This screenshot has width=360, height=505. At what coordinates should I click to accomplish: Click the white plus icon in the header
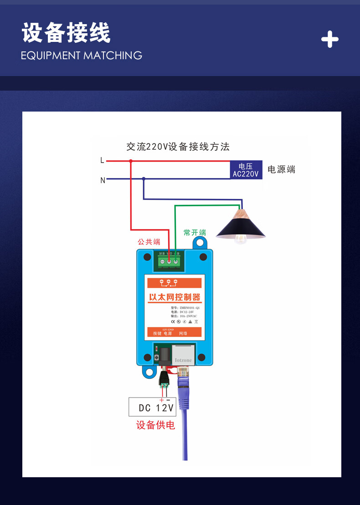(x=329, y=40)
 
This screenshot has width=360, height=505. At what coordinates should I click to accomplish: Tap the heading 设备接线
(x=66, y=34)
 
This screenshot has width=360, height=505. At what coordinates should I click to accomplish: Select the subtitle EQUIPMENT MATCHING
(x=82, y=56)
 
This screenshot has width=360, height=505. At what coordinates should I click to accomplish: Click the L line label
(x=102, y=160)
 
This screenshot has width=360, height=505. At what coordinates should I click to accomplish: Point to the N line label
(x=103, y=180)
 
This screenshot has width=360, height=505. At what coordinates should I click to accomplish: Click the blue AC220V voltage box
(x=246, y=170)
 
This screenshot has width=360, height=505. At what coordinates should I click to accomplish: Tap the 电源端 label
(x=281, y=170)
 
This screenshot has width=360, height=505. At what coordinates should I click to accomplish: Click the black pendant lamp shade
(x=241, y=226)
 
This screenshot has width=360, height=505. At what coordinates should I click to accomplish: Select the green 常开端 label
(x=195, y=233)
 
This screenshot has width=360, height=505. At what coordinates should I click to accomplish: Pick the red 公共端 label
(x=149, y=242)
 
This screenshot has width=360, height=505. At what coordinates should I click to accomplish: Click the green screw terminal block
(x=169, y=261)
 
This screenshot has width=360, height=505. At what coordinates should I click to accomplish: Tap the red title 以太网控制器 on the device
(x=175, y=297)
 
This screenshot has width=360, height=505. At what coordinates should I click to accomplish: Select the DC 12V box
(x=156, y=408)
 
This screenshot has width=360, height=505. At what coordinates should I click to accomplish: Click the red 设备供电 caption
(x=155, y=425)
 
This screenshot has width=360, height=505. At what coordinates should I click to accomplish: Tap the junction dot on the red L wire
(x=131, y=161)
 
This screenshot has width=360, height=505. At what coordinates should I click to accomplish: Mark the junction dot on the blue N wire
(x=144, y=179)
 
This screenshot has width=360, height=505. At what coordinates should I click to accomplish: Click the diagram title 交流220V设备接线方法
(x=178, y=147)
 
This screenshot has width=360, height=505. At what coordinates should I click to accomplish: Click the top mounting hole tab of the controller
(x=199, y=243)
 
